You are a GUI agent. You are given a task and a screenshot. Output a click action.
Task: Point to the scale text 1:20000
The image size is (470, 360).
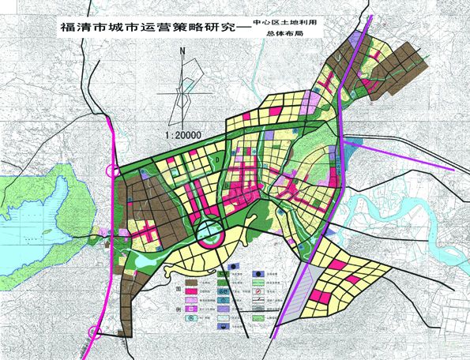[183, 135]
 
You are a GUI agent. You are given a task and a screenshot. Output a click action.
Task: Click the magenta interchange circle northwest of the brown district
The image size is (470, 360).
[115, 170]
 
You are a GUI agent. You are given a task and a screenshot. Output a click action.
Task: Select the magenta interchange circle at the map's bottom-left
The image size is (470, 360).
[95, 332]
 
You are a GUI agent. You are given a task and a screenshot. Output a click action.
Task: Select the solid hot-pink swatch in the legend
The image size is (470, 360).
[190, 291]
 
